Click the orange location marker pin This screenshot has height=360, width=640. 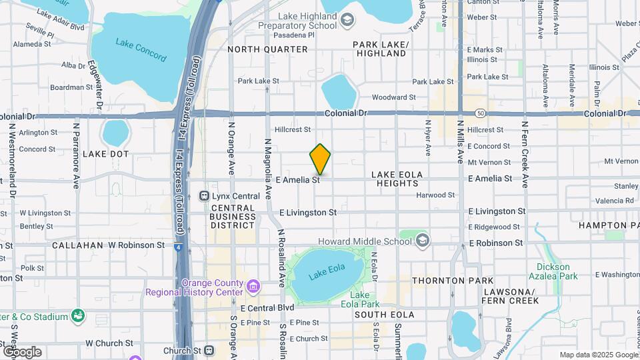pyautogui.click(x=320, y=159)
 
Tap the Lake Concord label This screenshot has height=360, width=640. pyautogui.click(x=141, y=50)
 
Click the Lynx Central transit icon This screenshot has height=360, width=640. pyautogui.click(x=205, y=196)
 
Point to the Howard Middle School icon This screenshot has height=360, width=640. pyautogui.click(x=423, y=241)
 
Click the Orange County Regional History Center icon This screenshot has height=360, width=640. pyautogui.click(x=253, y=287)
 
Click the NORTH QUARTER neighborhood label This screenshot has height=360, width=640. pyautogui.click(x=267, y=49)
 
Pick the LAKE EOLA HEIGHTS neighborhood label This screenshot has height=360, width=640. pyautogui.click(x=397, y=179)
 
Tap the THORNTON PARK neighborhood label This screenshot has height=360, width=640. pyautogui.click(x=453, y=281)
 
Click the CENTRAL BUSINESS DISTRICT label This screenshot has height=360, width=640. pyautogui.click(x=233, y=217)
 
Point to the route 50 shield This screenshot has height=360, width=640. pyautogui.click(x=480, y=113)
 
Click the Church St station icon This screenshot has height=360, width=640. pyautogui.click(x=209, y=350)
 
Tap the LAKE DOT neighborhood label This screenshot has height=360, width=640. pyautogui.click(x=105, y=154)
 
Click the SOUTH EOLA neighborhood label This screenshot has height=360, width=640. pyautogui.click(x=384, y=314)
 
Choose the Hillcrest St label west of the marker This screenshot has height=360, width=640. pyautogui.click(x=293, y=129)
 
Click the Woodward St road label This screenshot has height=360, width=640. pyautogui.click(x=393, y=97)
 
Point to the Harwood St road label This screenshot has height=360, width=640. pyautogui.click(x=435, y=195)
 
